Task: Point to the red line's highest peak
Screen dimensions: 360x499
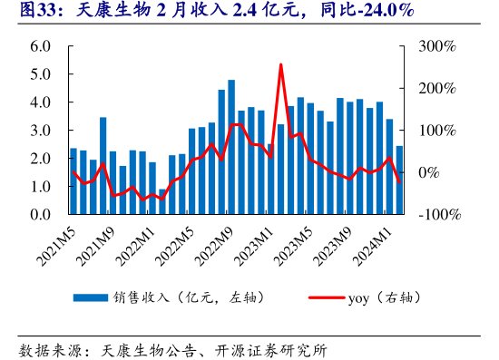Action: pos(280,64)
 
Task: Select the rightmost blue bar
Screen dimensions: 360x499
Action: pos(399,180)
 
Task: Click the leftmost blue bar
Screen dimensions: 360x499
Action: pos(73,181)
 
